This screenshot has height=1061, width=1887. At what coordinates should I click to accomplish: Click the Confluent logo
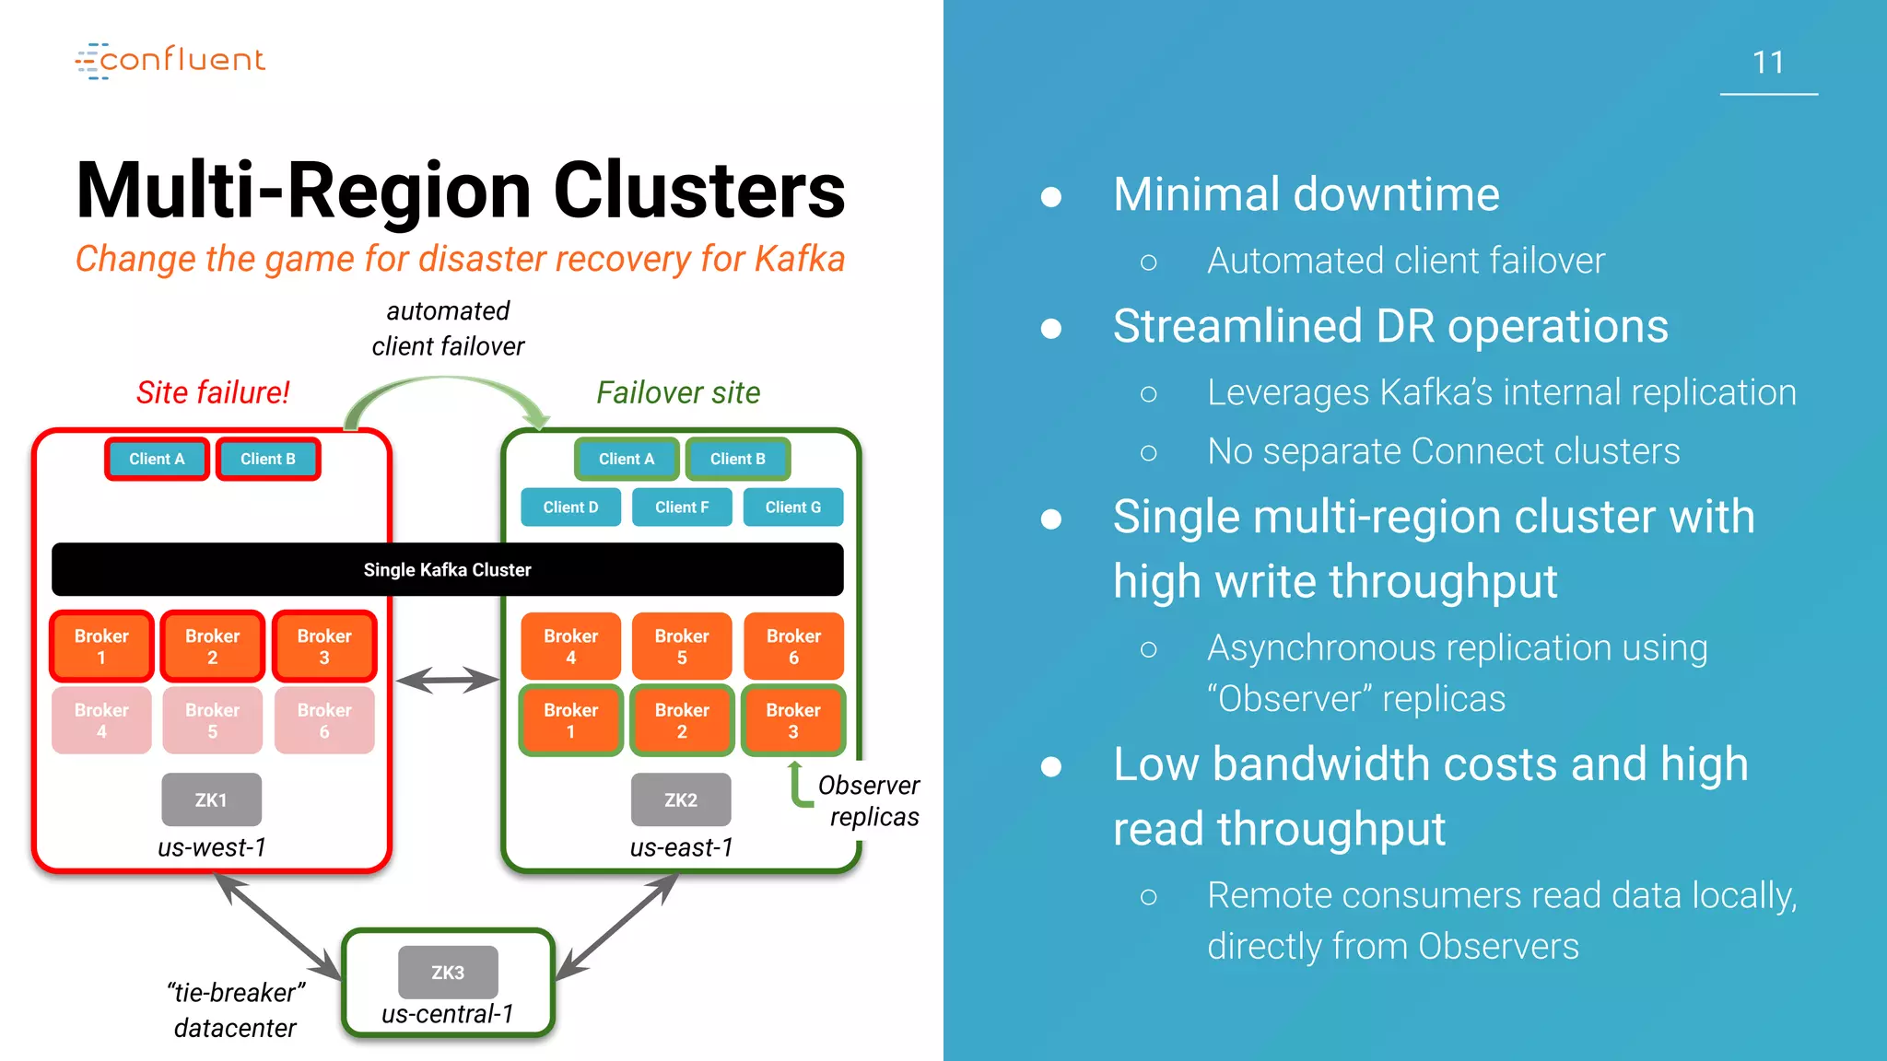(x=170, y=60)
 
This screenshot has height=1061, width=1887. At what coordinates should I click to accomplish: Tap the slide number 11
(x=1767, y=63)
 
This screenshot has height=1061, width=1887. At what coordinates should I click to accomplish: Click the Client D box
(x=570, y=507)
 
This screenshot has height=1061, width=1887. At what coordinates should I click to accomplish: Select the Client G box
(x=792, y=507)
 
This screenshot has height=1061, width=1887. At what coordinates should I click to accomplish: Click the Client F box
(x=682, y=507)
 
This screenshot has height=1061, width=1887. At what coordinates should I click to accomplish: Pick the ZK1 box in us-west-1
(x=211, y=799)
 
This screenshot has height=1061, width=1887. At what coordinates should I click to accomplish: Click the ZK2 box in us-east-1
(x=681, y=799)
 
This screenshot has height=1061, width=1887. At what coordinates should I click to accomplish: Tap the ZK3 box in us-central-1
(x=448, y=972)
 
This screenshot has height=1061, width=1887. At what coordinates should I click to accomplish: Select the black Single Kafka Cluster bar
(x=447, y=569)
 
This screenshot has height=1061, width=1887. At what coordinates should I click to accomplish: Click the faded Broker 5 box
(x=212, y=720)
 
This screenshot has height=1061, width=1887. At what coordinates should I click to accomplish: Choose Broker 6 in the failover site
(x=793, y=647)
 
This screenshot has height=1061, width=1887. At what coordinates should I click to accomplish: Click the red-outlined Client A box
(x=157, y=459)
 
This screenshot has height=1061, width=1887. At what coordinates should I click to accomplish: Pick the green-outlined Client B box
(x=737, y=459)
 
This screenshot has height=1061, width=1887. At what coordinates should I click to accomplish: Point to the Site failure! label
(x=213, y=392)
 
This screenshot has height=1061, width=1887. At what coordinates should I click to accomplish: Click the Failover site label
(x=678, y=392)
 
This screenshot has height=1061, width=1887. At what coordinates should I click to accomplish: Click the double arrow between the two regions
(x=447, y=681)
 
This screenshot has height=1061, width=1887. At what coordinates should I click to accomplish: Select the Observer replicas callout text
(x=869, y=800)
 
